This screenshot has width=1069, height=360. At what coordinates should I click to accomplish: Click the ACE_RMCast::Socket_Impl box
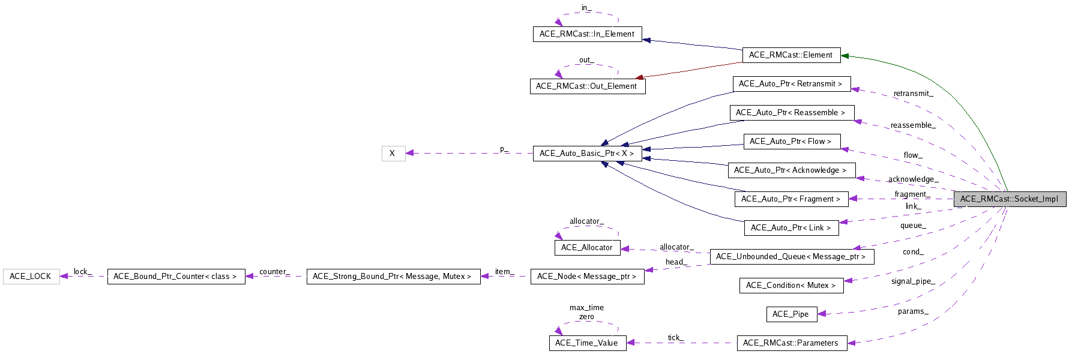tap(1010, 199)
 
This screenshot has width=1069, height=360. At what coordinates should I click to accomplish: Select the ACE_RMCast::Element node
tap(790, 55)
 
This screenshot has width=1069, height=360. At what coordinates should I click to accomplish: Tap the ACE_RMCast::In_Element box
tap(587, 34)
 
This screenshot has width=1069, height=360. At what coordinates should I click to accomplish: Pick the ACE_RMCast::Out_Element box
tap(587, 86)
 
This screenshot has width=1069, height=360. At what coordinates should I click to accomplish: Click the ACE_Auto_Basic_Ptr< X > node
tap(587, 154)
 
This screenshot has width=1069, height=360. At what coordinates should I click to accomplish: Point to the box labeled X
tap(393, 154)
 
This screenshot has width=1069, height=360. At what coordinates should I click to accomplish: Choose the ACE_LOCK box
tap(31, 277)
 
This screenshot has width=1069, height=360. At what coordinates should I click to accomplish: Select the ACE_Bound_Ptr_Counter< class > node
tap(176, 277)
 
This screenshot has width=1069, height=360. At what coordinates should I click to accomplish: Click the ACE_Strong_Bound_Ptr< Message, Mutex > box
tap(393, 277)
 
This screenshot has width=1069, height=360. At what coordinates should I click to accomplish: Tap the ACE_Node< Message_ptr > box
tap(587, 277)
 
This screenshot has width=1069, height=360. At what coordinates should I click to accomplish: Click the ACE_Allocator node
tap(587, 248)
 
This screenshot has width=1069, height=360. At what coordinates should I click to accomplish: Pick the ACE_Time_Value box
tap(587, 343)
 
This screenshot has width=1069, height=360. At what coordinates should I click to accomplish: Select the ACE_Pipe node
tap(790, 314)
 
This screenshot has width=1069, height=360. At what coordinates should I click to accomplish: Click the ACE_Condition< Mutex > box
tap(790, 286)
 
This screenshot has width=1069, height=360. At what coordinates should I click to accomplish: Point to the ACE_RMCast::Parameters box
tap(790, 343)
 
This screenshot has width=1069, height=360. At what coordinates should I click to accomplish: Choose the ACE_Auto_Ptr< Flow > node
tap(790, 142)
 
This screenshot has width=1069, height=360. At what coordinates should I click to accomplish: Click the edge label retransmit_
tap(913, 94)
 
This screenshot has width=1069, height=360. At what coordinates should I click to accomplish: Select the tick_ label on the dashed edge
tap(675, 338)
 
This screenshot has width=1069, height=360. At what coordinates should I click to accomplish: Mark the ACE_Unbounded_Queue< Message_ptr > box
tap(790, 257)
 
